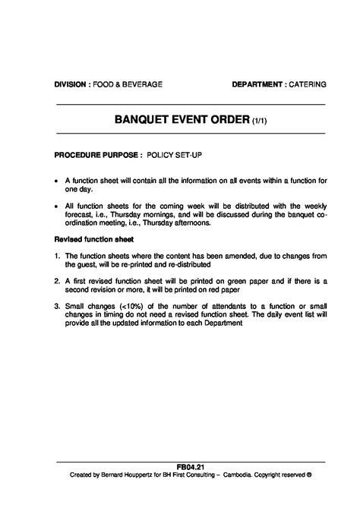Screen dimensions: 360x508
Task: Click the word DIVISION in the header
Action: [71, 84]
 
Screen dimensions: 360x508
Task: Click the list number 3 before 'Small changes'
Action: [57, 307]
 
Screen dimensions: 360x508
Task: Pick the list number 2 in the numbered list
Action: [57, 280]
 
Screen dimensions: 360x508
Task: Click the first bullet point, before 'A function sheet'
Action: [57, 181]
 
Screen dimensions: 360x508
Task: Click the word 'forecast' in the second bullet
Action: [79, 215]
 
